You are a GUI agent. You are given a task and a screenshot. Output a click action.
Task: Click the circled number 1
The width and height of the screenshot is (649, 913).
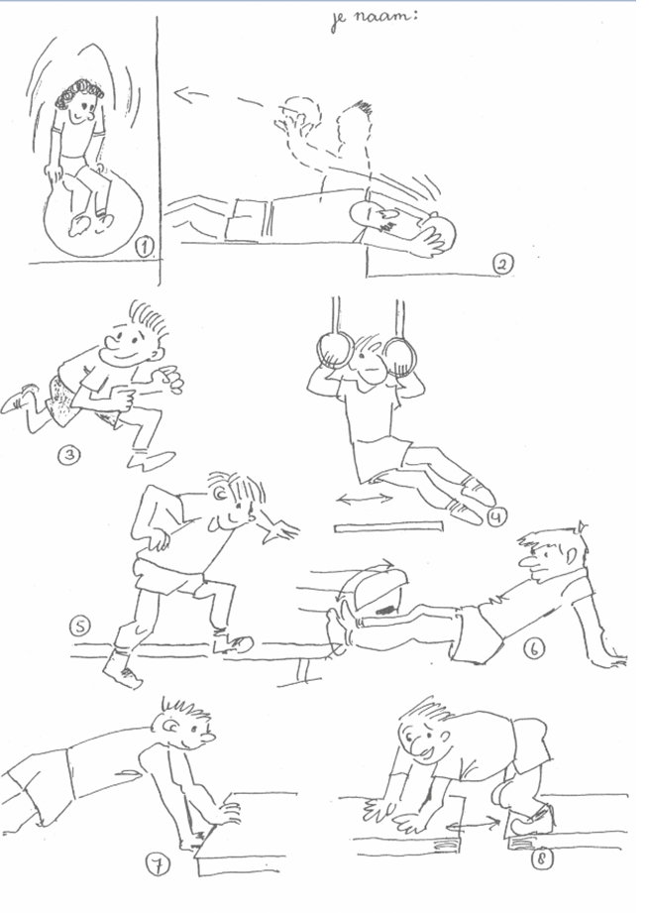tap(144, 248)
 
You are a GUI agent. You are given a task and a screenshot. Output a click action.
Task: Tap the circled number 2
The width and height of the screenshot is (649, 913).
tap(503, 265)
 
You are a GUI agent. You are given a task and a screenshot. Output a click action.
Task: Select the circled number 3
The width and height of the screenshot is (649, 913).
tap(68, 455)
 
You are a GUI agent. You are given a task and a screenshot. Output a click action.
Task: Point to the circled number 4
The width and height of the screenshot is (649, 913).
tap(497, 516)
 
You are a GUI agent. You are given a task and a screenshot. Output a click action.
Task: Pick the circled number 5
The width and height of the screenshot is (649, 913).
tap(80, 626)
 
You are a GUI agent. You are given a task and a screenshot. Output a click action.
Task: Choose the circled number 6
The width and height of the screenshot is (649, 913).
tap(534, 648)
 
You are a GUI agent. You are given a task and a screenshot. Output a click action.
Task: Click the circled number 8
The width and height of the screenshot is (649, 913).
tap(541, 859)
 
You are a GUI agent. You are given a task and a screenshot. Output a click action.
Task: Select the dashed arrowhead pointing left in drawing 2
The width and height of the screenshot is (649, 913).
tap(184, 94)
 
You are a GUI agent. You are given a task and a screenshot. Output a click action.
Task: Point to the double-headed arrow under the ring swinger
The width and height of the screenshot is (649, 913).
tap(366, 499)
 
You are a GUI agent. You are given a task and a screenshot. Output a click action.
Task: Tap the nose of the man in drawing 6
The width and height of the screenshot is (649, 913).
tap(527, 561)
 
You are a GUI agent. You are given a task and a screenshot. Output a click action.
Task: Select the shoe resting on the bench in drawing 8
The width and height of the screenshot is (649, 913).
tap(529, 820)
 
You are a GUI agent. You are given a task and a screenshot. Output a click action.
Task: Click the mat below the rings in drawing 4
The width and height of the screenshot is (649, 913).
tap(388, 527)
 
